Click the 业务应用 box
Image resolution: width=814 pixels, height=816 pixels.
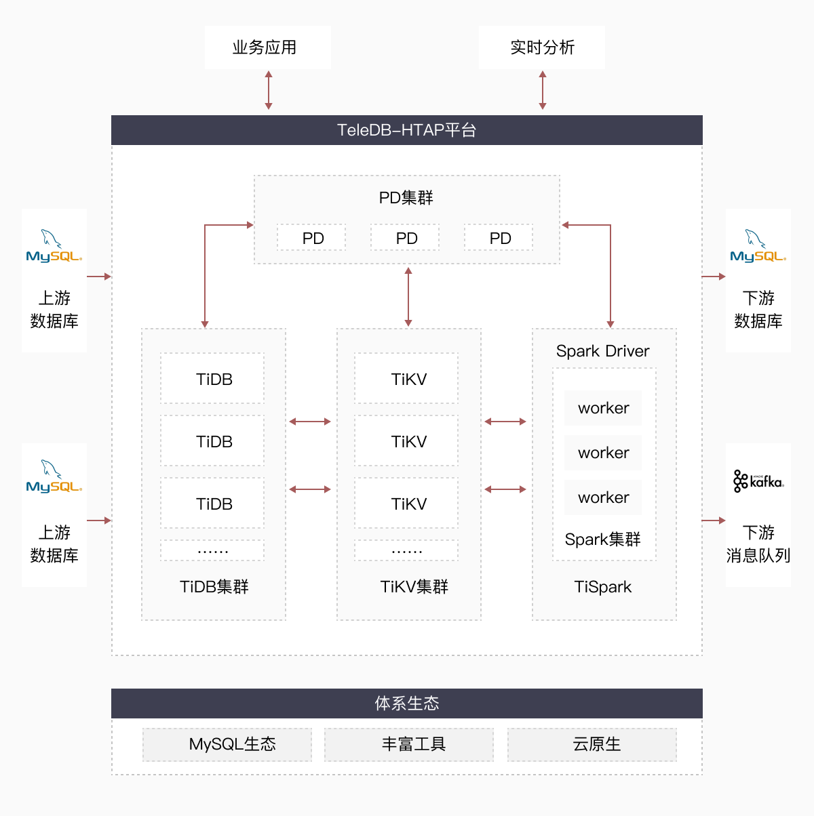267,47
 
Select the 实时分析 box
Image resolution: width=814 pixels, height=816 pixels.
541,47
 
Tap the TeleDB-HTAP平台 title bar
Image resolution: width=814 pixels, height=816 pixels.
407,130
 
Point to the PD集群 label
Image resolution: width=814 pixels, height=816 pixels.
406,198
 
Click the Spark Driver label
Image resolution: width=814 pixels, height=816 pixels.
602,351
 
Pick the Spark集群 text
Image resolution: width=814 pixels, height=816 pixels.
602,539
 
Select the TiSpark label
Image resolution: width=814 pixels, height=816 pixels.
602,587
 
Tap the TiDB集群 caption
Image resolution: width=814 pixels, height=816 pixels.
214,587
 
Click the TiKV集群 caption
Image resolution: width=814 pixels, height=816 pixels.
414,587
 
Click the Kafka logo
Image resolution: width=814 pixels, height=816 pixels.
758,481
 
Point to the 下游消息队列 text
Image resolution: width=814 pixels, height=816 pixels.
758,544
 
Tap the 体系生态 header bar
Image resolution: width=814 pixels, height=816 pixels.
407,703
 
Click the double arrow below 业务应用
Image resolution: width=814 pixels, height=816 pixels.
269,91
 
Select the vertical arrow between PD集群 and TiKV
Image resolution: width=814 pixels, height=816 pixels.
408,296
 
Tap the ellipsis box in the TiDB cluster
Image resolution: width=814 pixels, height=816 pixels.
212,550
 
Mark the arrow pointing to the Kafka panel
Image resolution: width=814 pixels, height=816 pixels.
714,521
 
